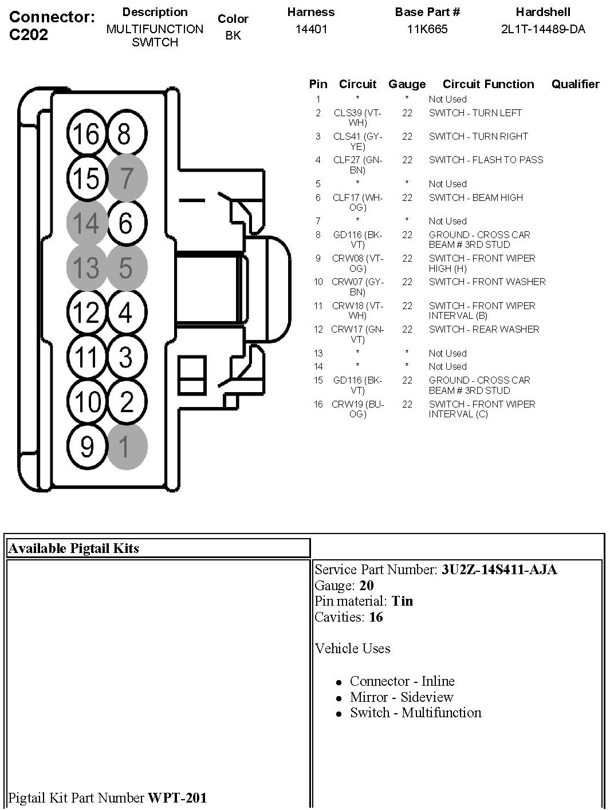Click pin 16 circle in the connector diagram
(86, 135)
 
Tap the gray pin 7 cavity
(126, 178)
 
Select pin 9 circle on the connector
(86, 446)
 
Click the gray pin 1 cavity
(126, 446)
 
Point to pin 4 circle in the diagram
(126, 313)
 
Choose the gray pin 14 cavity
(86, 223)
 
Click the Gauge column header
(407, 85)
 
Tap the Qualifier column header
(575, 85)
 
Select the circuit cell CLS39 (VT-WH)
(357, 118)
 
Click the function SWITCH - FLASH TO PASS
(486, 160)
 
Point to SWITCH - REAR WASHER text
(484, 329)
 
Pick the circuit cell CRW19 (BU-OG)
(357, 409)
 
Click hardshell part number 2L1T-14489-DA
(543, 29)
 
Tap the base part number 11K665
(427, 29)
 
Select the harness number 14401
(311, 29)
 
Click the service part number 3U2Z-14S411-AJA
(499, 570)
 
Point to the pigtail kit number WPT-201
(177, 797)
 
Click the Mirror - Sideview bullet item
(402, 697)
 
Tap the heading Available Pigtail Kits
(74, 548)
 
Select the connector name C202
(29, 34)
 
